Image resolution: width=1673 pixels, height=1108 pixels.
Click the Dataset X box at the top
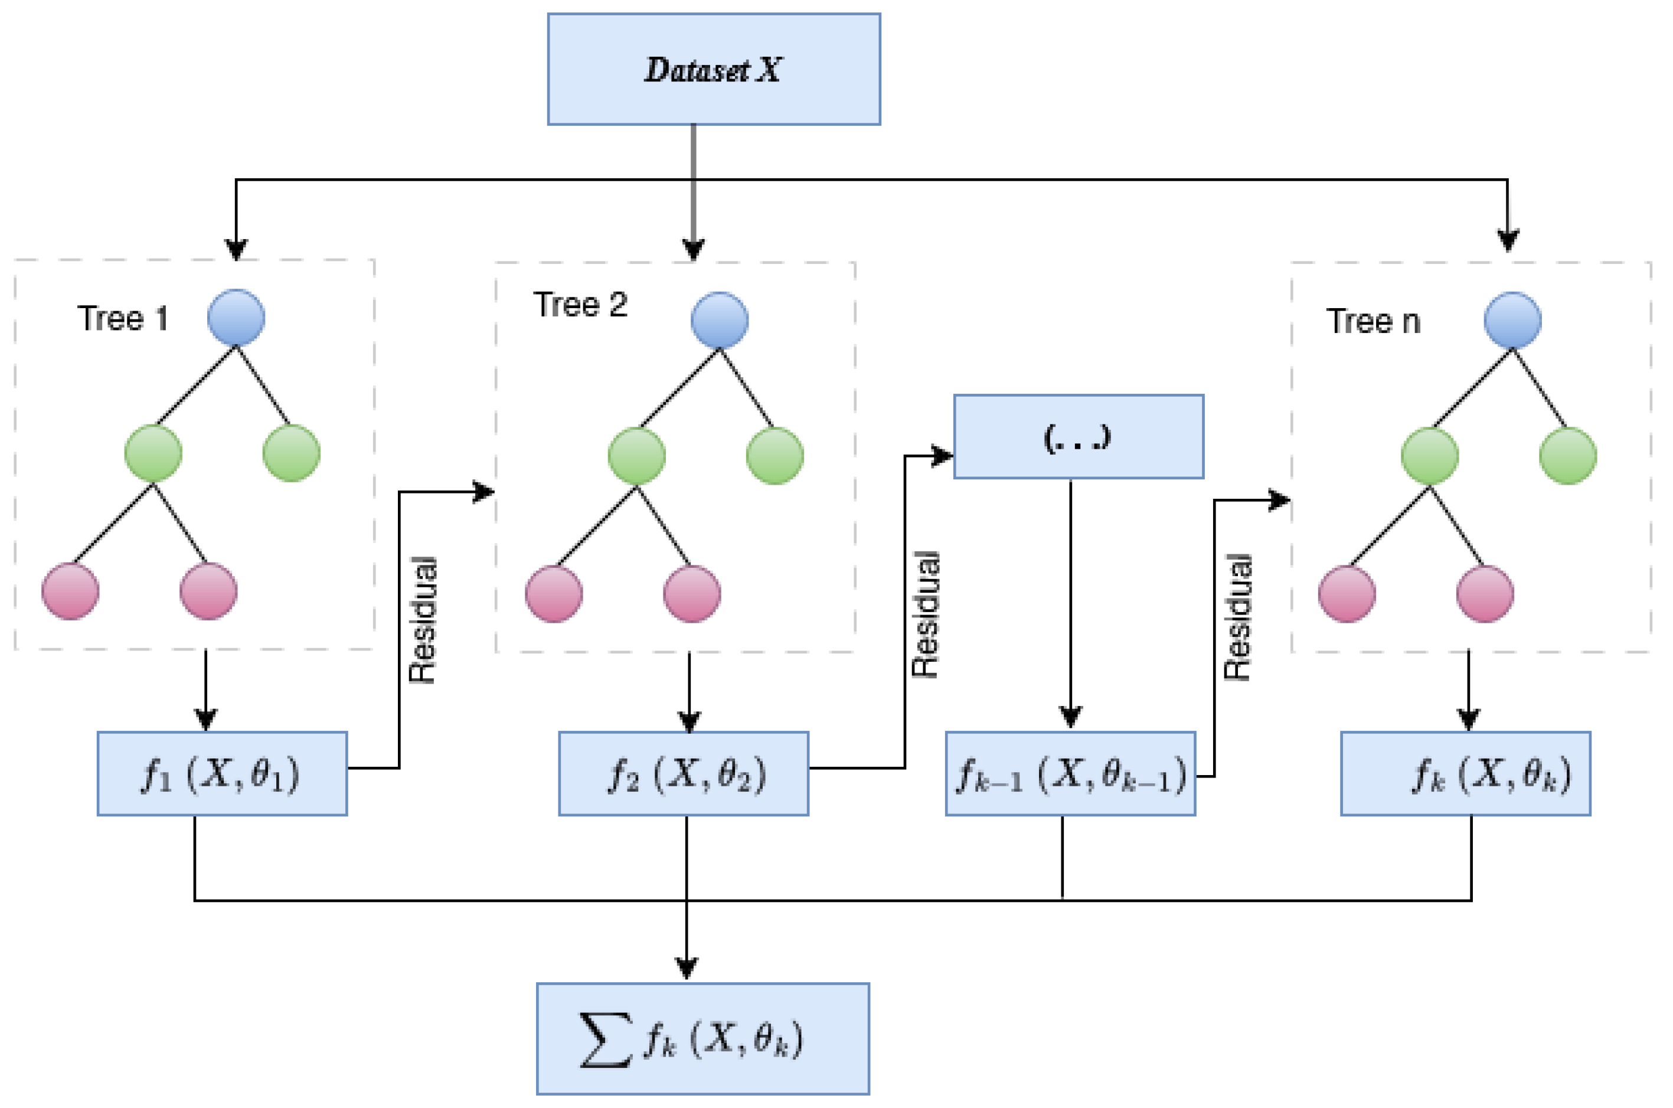coord(714,69)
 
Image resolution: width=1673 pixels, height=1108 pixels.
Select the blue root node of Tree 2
coord(719,320)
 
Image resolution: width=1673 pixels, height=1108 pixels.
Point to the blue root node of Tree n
coord(1512,320)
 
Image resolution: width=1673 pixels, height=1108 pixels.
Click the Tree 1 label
coord(122,319)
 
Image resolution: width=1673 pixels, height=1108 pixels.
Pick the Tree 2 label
coord(580,305)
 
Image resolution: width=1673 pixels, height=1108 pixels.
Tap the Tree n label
coord(1373,322)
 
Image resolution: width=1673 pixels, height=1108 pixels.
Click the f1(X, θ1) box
coord(222,774)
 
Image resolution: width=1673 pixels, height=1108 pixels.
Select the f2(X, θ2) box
coord(683,774)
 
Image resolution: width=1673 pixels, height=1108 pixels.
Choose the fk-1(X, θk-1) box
coord(1070,774)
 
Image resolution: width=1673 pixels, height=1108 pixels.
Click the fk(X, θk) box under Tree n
coord(1465,774)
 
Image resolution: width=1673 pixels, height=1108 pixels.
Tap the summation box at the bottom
coord(702,1039)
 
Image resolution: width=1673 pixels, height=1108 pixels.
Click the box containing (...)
coord(1078,437)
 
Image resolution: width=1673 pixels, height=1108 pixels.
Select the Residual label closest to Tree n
coord(1237,617)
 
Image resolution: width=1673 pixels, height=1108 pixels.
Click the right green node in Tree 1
coord(291,453)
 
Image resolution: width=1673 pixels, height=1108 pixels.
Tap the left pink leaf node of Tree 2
coord(554,594)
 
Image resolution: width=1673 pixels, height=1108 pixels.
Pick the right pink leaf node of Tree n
coord(1485,594)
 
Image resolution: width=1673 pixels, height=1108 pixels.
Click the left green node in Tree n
coord(1429,456)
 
